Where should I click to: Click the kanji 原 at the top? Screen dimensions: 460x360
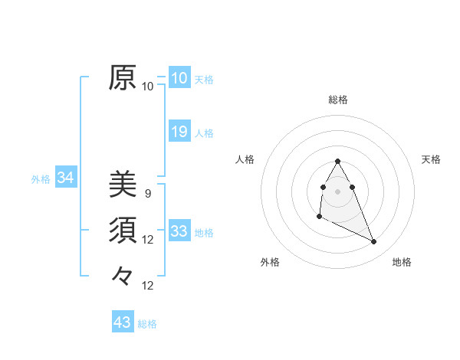pyautogui.click(x=123, y=77)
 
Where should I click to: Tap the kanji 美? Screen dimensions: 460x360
pyautogui.click(x=123, y=184)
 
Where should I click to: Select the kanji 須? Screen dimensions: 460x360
pyautogui.click(x=123, y=229)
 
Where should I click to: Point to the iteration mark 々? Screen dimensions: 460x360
pyautogui.click(x=123, y=274)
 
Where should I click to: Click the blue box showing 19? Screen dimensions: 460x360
pyautogui.click(x=179, y=132)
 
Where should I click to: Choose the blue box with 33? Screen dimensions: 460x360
pyautogui.click(x=179, y=231)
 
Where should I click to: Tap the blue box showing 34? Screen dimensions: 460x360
pyautogui.click(x=66, y=178)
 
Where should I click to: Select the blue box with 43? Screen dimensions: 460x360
pyautogui.click(x=123, y=322)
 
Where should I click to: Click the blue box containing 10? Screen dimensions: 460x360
pyautogui.click(x=179, y=78)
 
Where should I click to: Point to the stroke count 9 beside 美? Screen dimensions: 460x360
pyautogui.click(x=148, y=194)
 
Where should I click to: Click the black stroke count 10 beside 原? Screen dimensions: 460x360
pyautogui.click(x=148, y=87)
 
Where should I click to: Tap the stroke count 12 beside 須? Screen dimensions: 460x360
pyautogui.click(x=148, y=240)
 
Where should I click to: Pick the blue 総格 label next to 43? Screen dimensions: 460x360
pyautogui.click(x=147, y=324)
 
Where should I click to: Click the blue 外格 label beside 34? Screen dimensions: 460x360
pyautogui.click(x=41, y=179)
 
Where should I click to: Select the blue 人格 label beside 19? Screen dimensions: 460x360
pyautogui.click(x=204, y=133)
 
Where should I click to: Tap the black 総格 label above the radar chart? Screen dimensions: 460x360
pyautogui.click(x=338, y=100)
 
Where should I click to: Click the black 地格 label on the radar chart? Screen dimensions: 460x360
pyautogui.click(x=402, y=262)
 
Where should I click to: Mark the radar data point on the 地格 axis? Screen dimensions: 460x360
pyautogui.click(x=374, y=242)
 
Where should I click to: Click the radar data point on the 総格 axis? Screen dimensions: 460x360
pyautogui.click(x=338, y=162)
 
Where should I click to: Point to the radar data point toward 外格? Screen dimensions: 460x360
pyautogui.click(x=319, y=218)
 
